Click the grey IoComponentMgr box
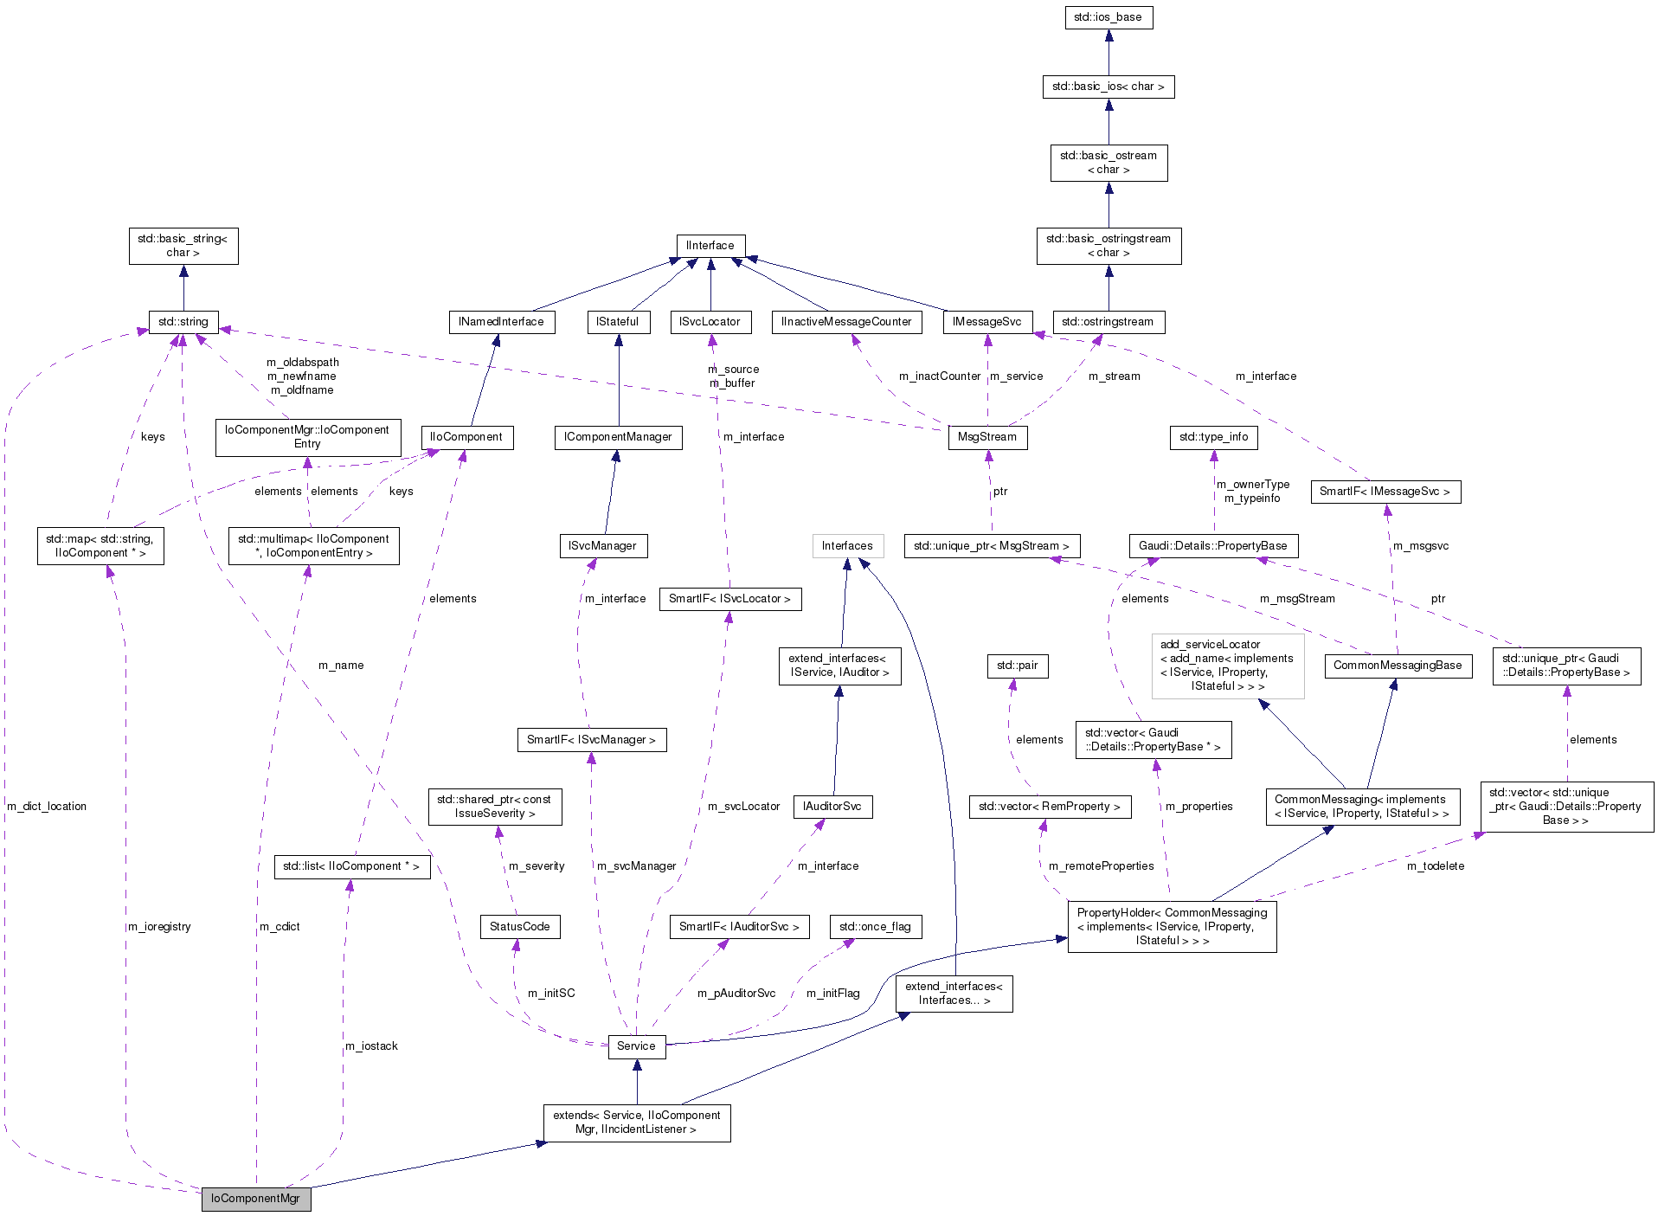point(255,1198)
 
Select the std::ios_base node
point(1108,17)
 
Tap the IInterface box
point(710,246)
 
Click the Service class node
point(636,1046)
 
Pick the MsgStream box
point(986,437)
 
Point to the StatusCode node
point(519,926)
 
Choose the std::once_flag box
point(875,926)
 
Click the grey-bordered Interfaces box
point(847,545)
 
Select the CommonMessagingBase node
point(1397,665)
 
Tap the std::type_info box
point(1213,437)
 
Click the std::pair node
point(1017,665)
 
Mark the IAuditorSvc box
point(832,806)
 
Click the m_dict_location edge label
point(47,806)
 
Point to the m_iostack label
point(371,1046)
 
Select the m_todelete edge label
point(1435,865)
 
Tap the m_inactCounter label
point(939,376)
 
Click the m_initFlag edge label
point(832,993)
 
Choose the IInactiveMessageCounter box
point(846,322)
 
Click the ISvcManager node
point(602,545)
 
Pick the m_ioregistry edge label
point(158,926)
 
